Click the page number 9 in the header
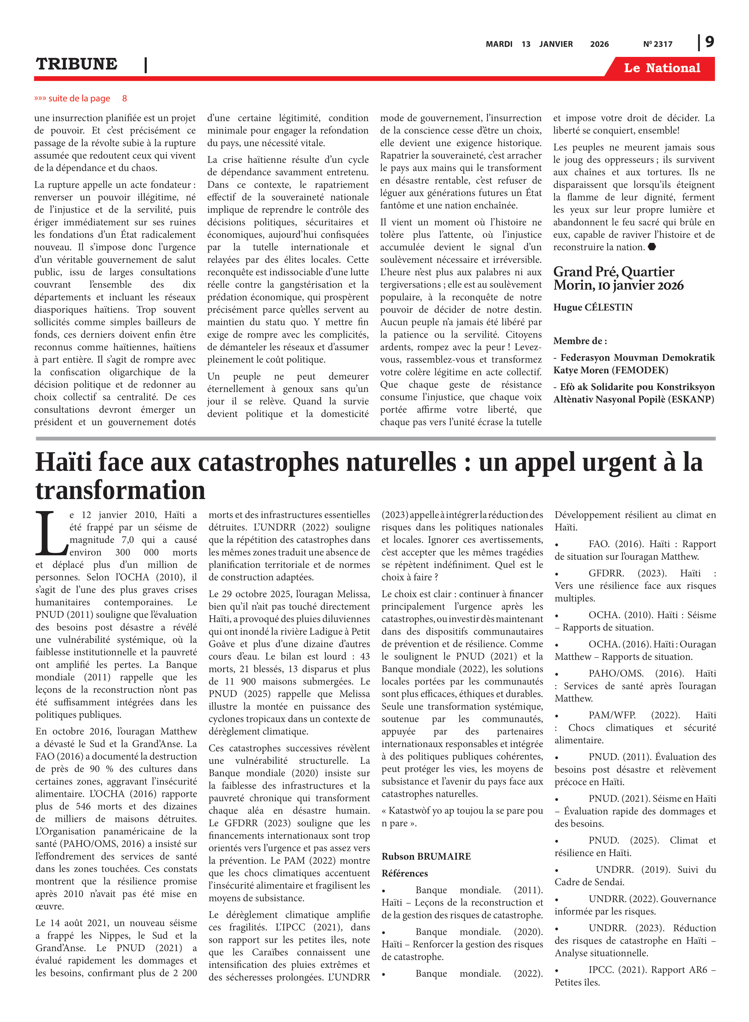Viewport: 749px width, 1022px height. pos(710,42)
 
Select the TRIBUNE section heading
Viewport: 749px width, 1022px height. pos(77,64)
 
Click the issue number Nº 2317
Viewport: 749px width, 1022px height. pos(657,44)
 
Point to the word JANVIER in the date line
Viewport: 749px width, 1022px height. pos(556,44)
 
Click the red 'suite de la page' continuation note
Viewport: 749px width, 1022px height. pos(80,98)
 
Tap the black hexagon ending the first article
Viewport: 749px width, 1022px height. pos(652,247)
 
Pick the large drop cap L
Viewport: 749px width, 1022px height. pos(51,533)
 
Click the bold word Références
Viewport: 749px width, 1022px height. pos(404,873)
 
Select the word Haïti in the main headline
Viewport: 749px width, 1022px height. pos(63,463)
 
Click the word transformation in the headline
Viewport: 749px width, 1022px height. pos(120,490)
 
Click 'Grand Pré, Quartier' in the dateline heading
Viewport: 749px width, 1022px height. pos(613,272)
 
